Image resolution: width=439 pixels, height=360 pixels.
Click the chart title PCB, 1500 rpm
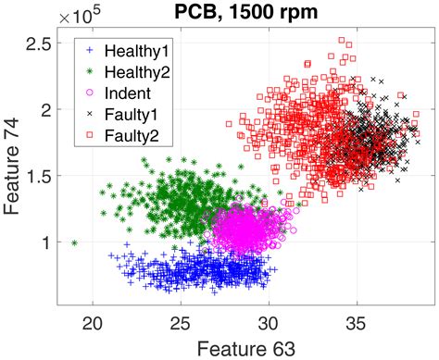point(244,12)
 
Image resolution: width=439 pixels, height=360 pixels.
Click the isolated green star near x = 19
point(74,243)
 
